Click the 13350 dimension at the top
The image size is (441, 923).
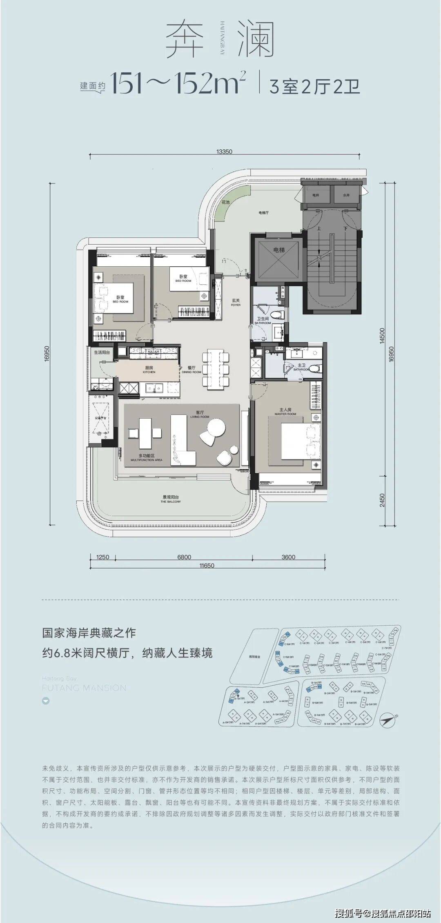[225, 152]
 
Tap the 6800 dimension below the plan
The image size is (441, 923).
[184, 557]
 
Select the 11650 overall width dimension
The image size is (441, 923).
[207, 566]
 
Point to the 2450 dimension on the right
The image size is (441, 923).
[382, 500]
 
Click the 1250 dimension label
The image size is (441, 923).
[103, 557]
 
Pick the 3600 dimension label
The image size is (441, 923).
[288, 557]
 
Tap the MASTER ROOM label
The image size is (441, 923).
[285, 414]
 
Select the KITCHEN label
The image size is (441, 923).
[149, 372]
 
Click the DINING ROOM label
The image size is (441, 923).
[192, 372]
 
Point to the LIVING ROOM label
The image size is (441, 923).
[200, 417]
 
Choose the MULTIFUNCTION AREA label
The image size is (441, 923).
[147, 460]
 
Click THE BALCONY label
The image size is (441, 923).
[171, 502]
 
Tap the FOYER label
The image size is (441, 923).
[236, 305]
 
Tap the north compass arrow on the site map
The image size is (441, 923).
[388, 720]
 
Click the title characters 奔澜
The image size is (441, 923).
[219, 40]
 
